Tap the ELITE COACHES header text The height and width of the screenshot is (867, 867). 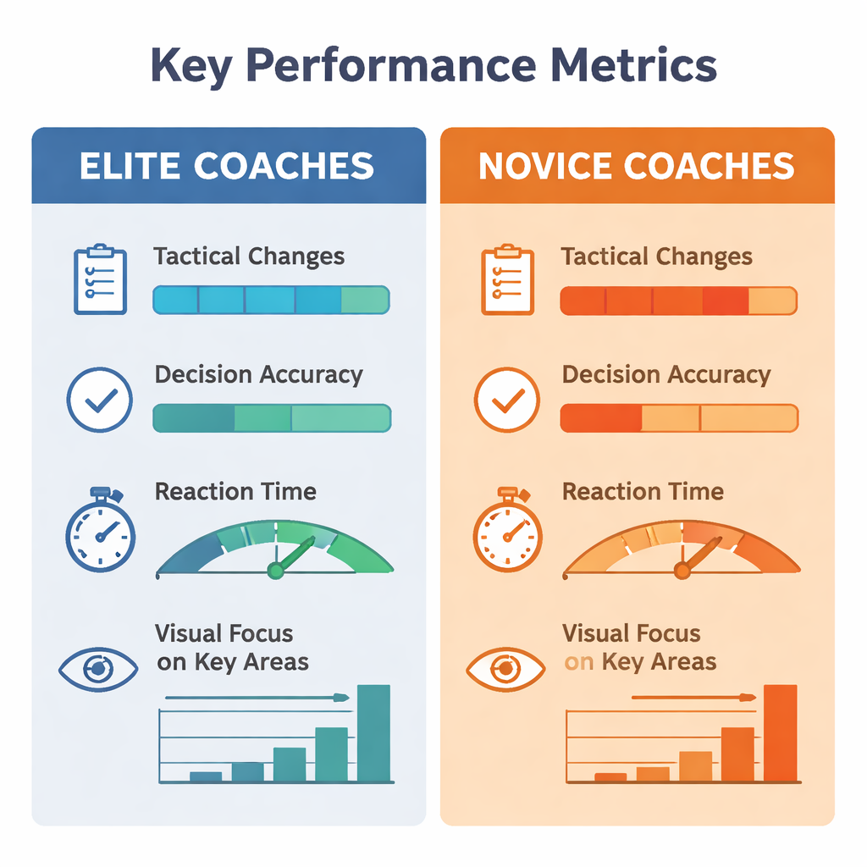pyautogui.click(x=227, y=166)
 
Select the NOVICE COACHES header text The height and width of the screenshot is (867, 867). pyautogui.click(x=637, y=166)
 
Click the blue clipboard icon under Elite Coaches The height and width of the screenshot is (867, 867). pyautogui.click(x=100, y=279)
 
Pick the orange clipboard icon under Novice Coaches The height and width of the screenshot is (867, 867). pyautogui.click(x=508, y=279)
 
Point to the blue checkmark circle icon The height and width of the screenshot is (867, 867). pyautogui.click(x=100, y=400)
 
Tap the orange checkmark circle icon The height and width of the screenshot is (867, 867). pyautogui.click(x=507, y=400)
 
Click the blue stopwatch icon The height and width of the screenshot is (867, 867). pyautogui.click(x=100, y=529)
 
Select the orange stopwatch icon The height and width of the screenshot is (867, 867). pyautogui.click(x=508, y=529)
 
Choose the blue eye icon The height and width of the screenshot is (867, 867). pyautogui.click(x=98, y=669)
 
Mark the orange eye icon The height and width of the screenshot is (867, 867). pyautogui.click(x=506, y=669)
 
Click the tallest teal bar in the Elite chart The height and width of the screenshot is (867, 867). pyautogui.click(x=373, y=733)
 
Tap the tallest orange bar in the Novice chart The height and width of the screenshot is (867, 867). pyautogui.click(x=780, y=733)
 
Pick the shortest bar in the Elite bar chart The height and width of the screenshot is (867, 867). pyautogui.click(x=206, y=777)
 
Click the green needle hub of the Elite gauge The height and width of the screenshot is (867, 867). pyautogui.click(x=275, y=570)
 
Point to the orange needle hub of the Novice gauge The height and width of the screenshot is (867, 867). pyautogui.click(x=682, y=570)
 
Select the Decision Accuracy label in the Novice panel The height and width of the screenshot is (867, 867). pyautogui.click(x=666, y=375)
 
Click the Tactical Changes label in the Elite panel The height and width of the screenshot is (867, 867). pyautogui.click(x=249, y=257)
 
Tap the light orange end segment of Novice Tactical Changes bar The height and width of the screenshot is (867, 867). pyautogui.click(x=773, y=301)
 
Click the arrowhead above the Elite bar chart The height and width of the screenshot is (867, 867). pyautogui.click(x=342, y=698)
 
